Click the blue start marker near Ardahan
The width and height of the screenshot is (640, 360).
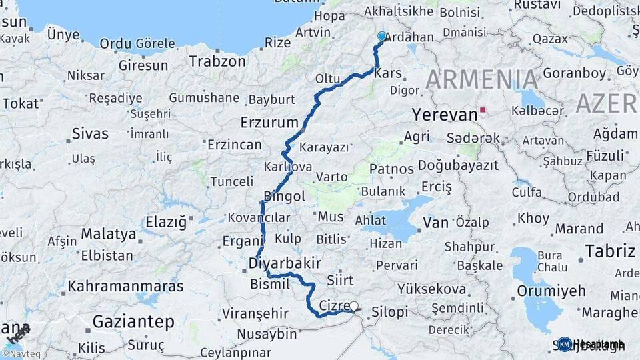[x=382, y=37]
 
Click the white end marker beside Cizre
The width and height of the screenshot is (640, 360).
[x=354, y=307]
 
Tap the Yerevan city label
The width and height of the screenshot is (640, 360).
[x=445, y=115]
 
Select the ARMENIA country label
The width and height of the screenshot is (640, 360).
[x=482, y=80]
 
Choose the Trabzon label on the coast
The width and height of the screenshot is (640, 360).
[x=217, y=61]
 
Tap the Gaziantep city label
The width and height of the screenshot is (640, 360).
[x=133, y=322]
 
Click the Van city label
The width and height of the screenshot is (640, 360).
[x=436, y=222]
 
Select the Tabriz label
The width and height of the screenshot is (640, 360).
[x=610, y=251]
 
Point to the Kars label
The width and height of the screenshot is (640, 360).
[x=389, y=73]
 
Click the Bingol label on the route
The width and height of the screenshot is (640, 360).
[x=285, y=196]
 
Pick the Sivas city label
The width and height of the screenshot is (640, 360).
[x=90, y=133]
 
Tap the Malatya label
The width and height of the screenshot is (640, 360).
[x=109, y=234]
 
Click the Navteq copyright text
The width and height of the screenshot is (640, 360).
[x=18, y=354]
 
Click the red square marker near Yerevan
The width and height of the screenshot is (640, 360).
[x=483, y=109]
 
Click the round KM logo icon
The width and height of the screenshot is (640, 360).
[x=565, y=344]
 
